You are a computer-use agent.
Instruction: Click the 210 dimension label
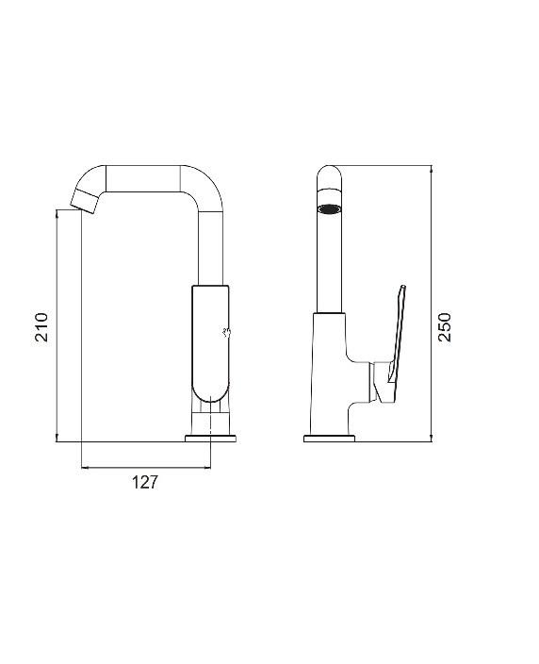[x=41, y=327]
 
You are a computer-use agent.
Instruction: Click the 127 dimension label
[x=145, y=482]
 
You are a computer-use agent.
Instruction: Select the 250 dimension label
[x=445, y=327]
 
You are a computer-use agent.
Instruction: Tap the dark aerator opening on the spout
[x=330, y=209]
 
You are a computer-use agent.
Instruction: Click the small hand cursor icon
[x=227, y=333]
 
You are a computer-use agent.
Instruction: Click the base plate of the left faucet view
[x=210, y=439]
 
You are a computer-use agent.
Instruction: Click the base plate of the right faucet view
[x=329, y=439]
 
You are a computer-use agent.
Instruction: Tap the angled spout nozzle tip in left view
[x=86, y=201]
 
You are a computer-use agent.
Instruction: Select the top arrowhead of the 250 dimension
[x=431, y=170]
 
